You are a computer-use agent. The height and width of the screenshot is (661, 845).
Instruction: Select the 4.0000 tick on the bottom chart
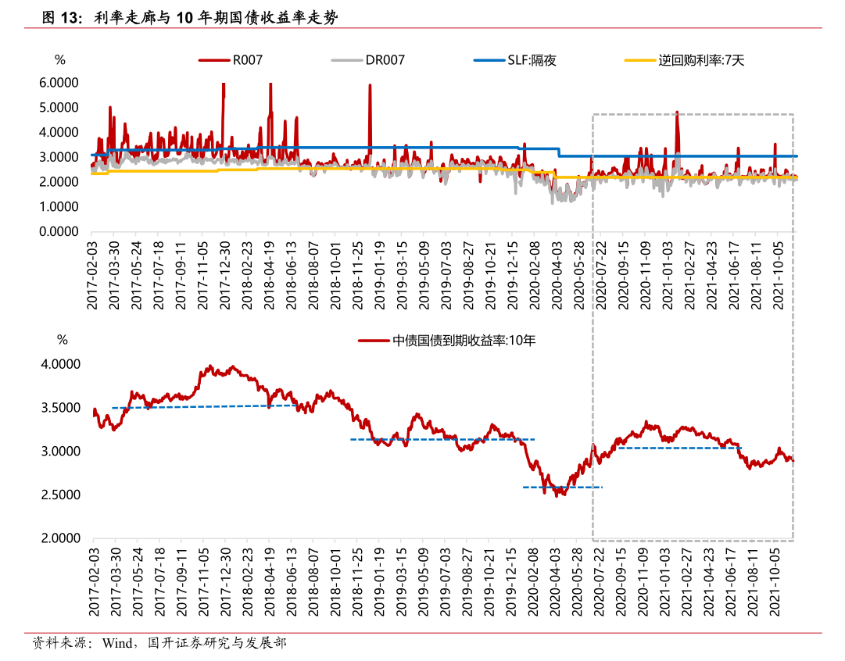coord(62,364)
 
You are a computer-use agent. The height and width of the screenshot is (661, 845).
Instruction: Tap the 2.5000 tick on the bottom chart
coord(62,495)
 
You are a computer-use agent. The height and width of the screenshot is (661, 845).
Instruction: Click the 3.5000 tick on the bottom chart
coord(62,408)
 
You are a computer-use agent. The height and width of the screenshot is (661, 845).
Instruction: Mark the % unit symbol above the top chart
coord(59,59)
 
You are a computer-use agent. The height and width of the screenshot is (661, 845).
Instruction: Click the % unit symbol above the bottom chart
coord(62,341)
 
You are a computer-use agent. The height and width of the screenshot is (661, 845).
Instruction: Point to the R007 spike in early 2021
coord(677,113)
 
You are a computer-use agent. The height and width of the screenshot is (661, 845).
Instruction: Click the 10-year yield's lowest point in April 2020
coord(557,495)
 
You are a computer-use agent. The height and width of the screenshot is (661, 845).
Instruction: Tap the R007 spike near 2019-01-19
coord(370,86)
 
